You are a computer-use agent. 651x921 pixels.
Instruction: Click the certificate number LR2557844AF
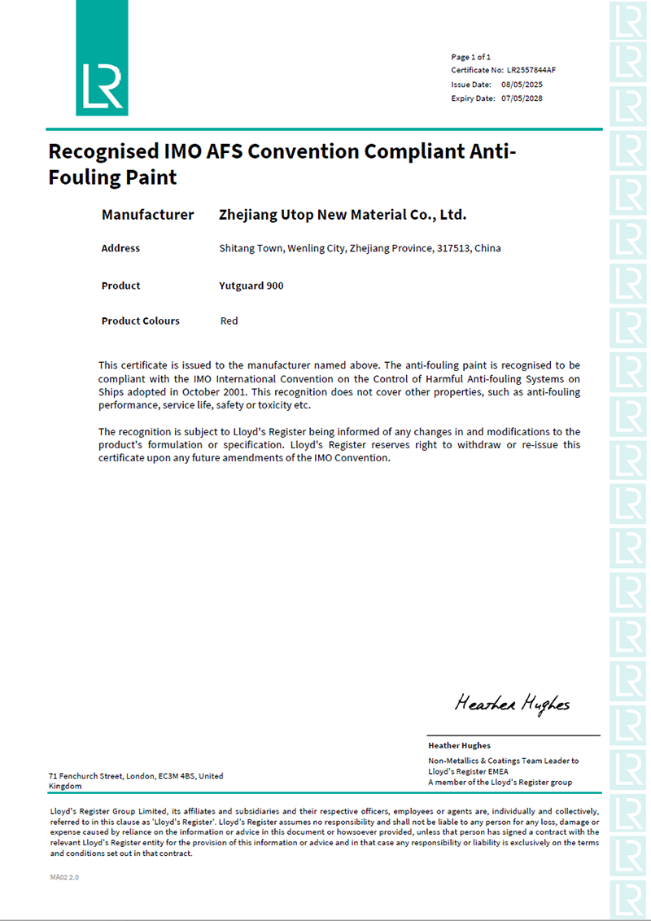point(531,71)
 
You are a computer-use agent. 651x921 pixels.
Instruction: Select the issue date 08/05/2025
point(522,85)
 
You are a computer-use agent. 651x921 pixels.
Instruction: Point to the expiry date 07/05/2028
point(522,98)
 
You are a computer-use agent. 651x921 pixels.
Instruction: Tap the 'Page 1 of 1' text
point(471,57)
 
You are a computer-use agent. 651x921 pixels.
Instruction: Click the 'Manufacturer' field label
point(147,215)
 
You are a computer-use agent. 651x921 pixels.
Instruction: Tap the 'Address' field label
point(120,248)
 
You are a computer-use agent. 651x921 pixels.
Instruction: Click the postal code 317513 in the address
point(452,248)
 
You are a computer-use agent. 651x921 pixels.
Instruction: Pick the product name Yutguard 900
point(251,286)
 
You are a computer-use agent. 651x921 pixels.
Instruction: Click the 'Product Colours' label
point(140,321)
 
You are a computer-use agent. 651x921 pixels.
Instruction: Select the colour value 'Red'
point(229,321)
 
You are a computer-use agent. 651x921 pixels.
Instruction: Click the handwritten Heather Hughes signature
point(512,703)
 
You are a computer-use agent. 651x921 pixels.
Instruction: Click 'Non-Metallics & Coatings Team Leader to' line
point(504,761)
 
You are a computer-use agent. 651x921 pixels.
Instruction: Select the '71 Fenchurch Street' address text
point(85,776)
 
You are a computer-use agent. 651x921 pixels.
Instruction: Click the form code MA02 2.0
point(64,878)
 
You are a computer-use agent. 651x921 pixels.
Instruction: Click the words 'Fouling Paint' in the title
point(112,177)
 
